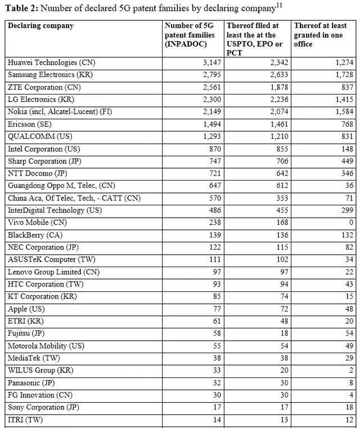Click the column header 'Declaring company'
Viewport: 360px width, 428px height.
pyautogui.click(x=40, y=26)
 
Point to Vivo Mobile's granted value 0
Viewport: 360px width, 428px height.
pyautogui.click(x=352, y=222)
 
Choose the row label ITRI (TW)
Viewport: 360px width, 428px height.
pyautogui.click(x=25, y=419)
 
